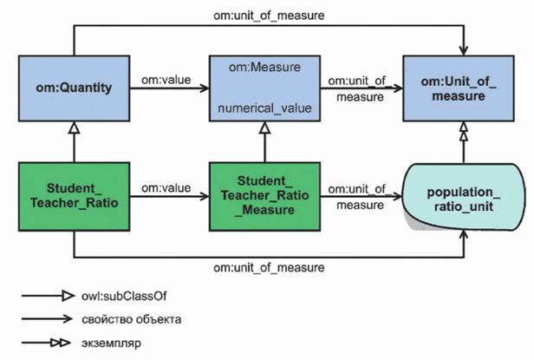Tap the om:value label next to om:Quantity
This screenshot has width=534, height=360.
click(x=166, y=80)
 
